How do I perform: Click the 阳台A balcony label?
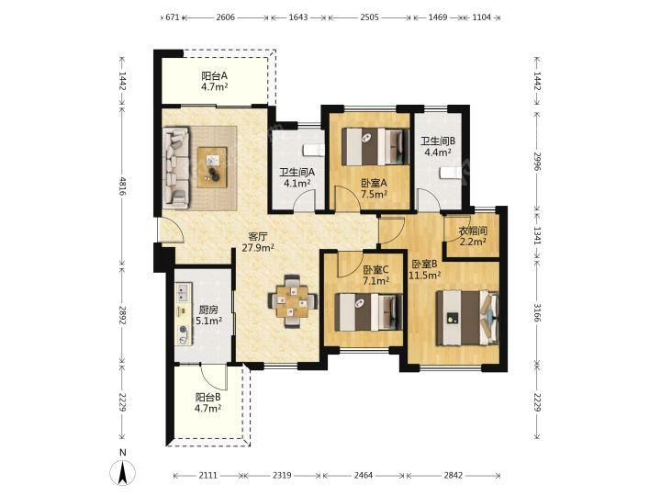214,76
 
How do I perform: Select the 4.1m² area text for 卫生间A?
297,183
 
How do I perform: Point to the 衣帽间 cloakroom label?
473,231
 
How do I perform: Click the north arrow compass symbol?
123,473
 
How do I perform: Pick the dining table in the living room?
292,300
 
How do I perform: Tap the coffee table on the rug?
212,167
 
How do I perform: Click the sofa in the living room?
176,168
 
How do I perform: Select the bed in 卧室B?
467,318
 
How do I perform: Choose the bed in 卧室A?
375,146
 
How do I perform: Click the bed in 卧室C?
368,312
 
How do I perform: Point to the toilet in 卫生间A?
314,150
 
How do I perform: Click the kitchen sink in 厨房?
184,292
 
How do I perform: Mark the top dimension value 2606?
225,17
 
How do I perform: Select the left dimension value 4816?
122,186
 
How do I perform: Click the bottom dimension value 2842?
453,476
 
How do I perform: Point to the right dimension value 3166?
537,311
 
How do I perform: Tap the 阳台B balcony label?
207,398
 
